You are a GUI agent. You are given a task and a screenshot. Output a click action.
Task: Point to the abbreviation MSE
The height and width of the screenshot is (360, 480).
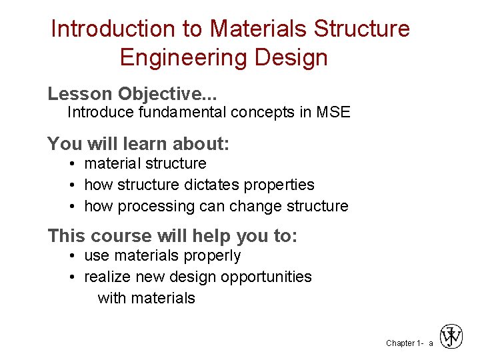333,112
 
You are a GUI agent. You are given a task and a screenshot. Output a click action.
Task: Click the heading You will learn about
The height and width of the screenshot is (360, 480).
138,143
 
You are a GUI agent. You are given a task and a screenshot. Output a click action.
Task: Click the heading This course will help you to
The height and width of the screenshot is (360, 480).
173,236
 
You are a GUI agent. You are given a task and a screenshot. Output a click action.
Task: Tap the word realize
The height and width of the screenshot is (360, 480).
108,277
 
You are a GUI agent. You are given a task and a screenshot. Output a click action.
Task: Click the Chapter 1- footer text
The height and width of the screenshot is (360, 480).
404,343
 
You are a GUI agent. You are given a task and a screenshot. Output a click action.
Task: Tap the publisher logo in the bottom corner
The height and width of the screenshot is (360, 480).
451,337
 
